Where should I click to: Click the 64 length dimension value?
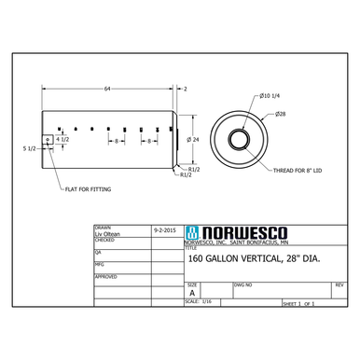107,88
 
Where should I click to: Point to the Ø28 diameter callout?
280,114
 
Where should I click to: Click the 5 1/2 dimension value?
29,148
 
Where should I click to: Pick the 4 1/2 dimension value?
62,139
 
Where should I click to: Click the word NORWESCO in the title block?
232,233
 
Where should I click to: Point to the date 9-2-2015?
164,229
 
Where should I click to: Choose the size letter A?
192,292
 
